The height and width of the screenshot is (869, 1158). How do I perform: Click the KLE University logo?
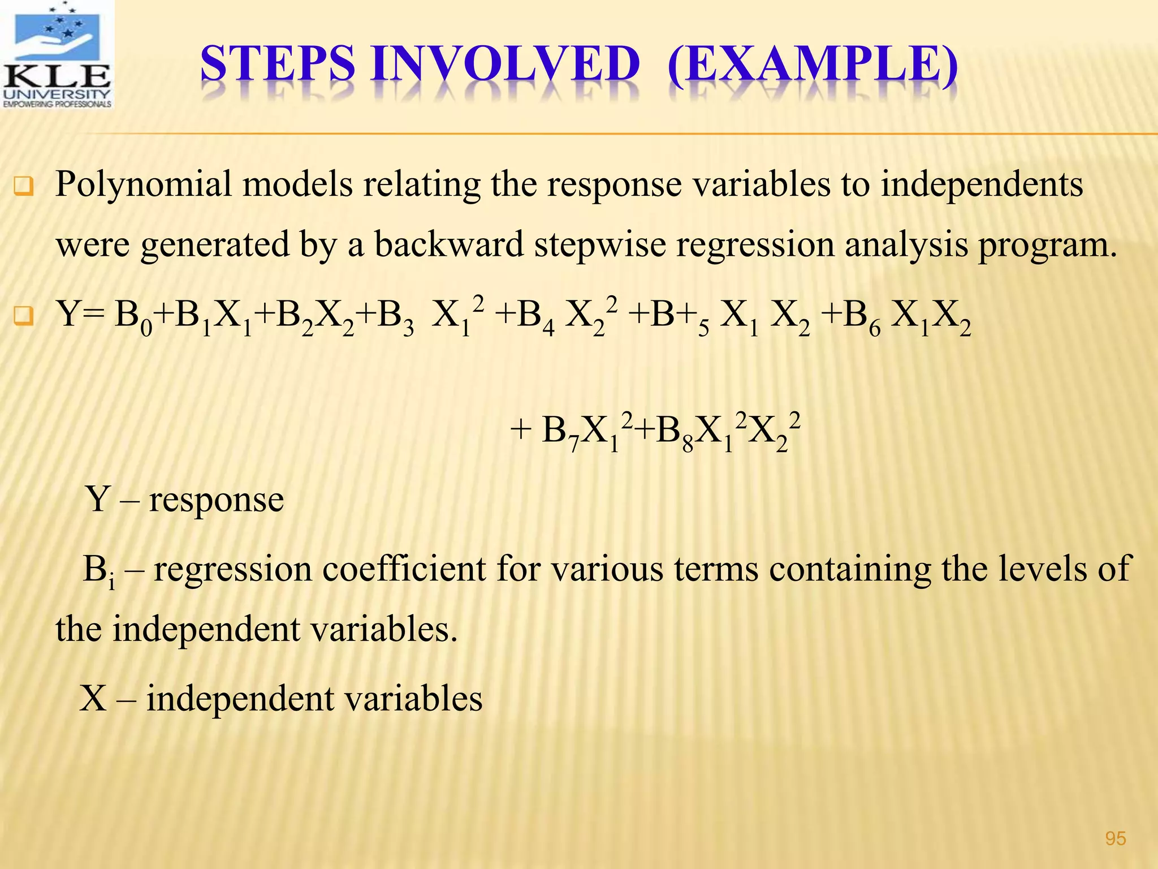(x=57, y=55)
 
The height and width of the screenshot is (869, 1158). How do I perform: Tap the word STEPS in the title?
(x=278, y=64)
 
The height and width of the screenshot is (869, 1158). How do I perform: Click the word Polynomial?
(x=144, y=184)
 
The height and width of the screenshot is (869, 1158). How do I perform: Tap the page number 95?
(x=1115, y=838)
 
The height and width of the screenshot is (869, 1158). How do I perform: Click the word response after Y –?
(x=216, y=500)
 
